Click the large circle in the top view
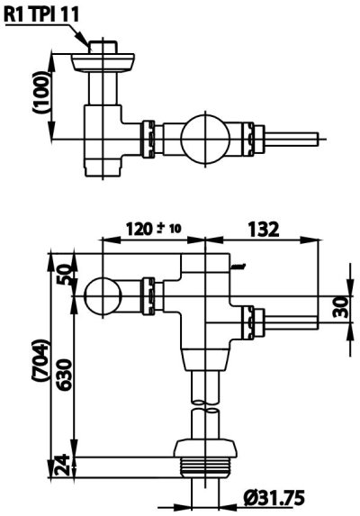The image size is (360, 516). (205, 139)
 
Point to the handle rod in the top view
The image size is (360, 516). (293, 139)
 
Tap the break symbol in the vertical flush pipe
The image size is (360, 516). (208, 410)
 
